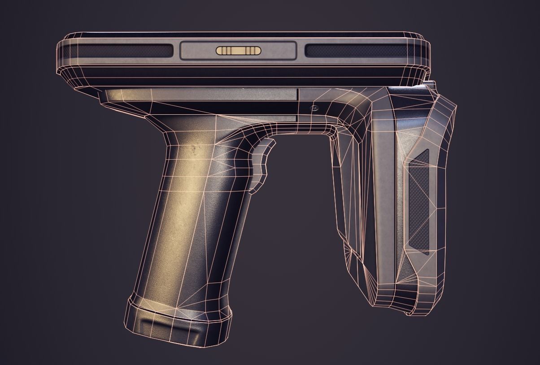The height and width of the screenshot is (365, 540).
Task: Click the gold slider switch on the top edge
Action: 238,51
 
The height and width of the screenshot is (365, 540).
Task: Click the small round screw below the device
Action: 315,108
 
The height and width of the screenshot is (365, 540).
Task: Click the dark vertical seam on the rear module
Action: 395,202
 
